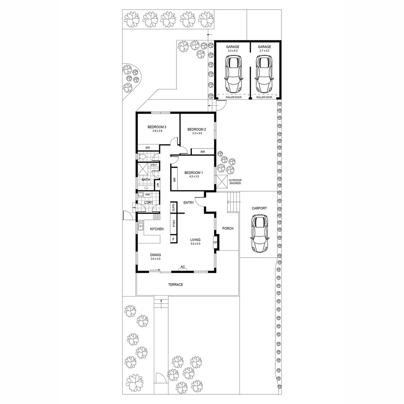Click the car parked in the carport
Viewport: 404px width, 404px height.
point(260,234)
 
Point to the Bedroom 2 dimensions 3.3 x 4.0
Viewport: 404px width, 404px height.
point(197,133)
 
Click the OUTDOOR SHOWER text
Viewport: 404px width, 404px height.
point(236,182)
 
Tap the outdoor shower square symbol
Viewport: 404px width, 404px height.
point(221,182)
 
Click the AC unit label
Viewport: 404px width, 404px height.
point(183,267)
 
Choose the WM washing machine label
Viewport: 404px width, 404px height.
point(147,195)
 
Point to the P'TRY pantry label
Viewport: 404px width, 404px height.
point(174,224)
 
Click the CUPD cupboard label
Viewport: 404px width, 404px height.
point(174,208)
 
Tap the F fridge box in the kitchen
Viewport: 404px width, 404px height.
point(174,239)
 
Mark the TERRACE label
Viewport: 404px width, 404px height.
point(175,285)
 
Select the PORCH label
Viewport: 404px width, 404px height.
point(228,228)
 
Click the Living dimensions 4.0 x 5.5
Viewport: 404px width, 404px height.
point(195,244)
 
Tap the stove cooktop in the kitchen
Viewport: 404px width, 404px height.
point(156,217)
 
